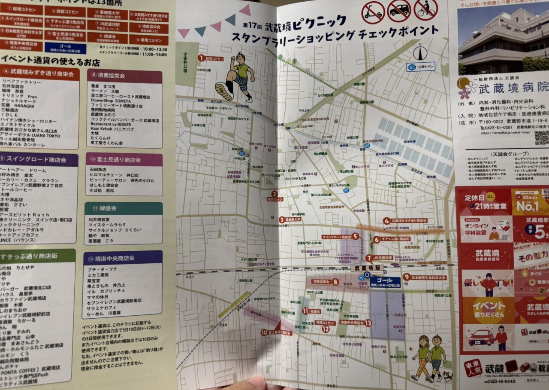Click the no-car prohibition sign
(399, 10)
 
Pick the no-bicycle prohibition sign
(425, 9)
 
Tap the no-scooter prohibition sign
(372, 12)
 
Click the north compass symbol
(420, 52)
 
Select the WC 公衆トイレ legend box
(420, 67)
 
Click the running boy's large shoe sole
(224, 91)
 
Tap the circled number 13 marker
(368, 323)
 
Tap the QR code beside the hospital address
(541, 137)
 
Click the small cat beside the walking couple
(447, 377)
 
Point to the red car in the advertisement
(480, 338)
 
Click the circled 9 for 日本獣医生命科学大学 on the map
(406, 277)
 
